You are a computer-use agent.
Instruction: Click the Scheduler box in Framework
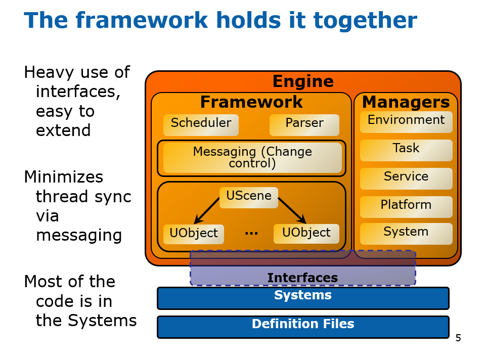coord(201,125)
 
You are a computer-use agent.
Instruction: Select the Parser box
coord(304,125)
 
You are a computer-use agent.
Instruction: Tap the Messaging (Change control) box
coord(252,158)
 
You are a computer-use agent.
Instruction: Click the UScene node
coord(249,197)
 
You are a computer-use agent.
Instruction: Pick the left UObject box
coord(194,234)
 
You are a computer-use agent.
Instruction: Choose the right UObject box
coord(306,234)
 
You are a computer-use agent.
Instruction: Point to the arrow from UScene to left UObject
coord(206,211)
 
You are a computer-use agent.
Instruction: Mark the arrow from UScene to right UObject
coord(292,210)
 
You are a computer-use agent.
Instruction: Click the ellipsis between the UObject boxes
coord(251,234)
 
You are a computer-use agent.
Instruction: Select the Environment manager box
coord(406,122)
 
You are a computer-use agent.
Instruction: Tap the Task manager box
coord(406,150)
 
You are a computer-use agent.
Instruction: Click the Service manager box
coord(406,178)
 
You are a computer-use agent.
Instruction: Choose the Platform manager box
coord(406,207)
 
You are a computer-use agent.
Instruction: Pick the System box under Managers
coord(406,234)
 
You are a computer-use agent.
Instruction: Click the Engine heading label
coord(303,81)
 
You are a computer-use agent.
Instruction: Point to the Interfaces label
coord(302,278)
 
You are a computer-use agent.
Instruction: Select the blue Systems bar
coord(303,298)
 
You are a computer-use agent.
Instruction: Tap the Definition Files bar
coord(303,327)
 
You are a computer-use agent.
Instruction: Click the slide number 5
coord(458,338)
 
